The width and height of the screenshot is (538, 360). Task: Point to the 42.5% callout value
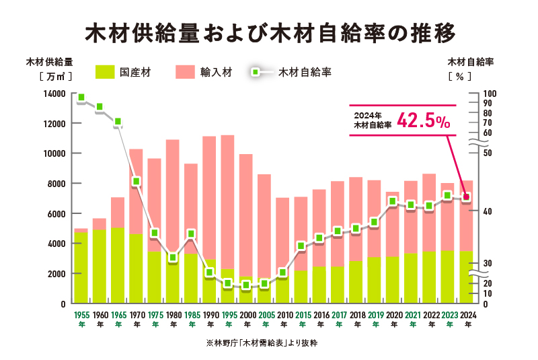click(423, 121)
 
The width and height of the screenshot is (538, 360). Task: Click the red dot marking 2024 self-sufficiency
click(467, 197)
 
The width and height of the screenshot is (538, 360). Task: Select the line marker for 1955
click(81, 98)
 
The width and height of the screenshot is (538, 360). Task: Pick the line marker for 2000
click(246, 285)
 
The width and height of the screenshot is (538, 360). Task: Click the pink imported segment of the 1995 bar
click(228, 202)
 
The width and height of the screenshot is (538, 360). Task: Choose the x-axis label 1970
click(137, 314)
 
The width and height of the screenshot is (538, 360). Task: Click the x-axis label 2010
click(283, 314)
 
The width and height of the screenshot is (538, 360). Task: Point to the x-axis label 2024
click(467, 314)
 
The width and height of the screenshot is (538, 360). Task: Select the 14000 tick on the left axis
click(55, 94)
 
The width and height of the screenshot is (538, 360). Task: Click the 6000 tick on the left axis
click(57, 214)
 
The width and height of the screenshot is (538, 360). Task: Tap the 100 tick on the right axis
click(490, 94)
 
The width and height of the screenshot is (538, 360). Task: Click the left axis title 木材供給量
click(49, 62)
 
